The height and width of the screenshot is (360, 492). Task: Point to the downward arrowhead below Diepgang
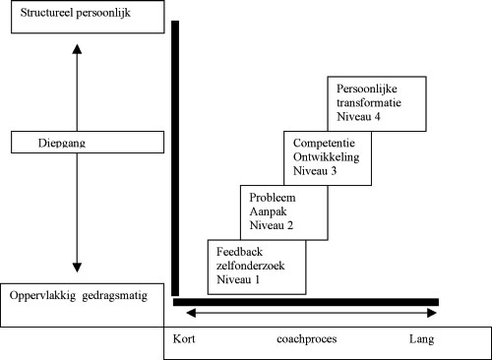[x=77, y=267]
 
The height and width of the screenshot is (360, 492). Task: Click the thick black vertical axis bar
[x=174, y=157]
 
